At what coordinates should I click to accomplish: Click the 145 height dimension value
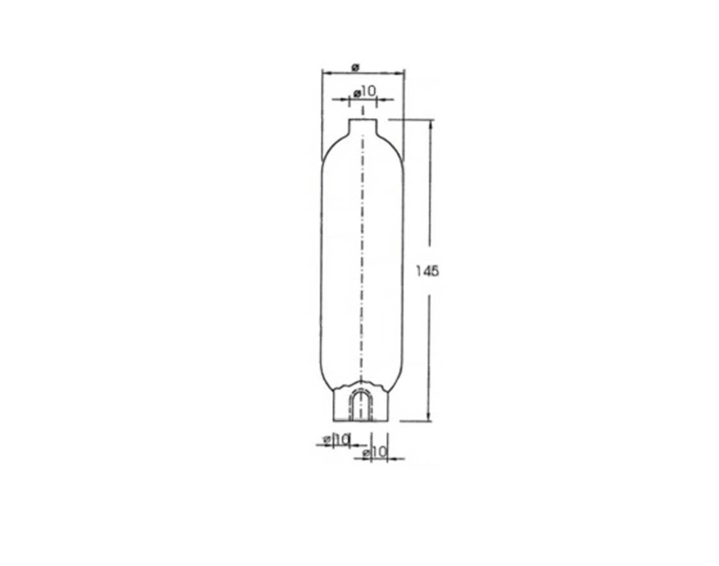427,271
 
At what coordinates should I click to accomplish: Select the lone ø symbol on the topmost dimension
355,67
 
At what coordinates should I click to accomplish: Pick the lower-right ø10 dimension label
375,452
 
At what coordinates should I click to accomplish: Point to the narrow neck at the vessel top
363,128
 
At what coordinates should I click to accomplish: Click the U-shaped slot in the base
362,405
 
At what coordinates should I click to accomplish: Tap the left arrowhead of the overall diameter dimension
326,73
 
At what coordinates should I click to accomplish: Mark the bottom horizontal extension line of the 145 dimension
415,421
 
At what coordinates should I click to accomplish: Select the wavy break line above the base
362,384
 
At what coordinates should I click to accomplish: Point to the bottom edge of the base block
363,421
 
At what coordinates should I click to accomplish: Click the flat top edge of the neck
363,119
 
